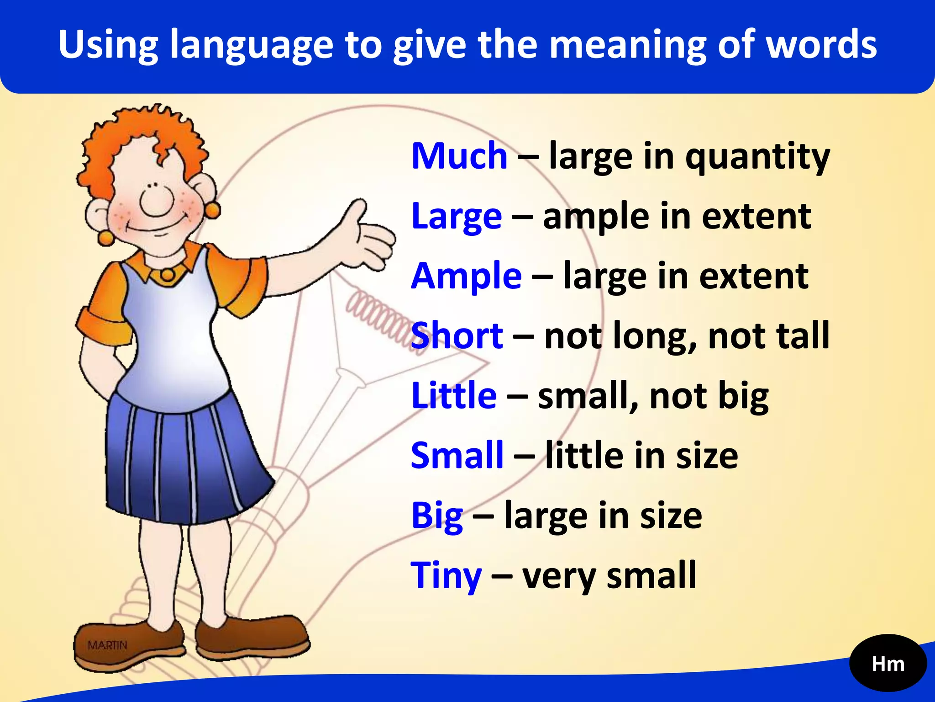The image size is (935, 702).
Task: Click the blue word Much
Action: tap(459, 156)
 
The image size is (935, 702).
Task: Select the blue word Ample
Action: tap(466, 276)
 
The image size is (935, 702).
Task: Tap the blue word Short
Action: tap(457, 336)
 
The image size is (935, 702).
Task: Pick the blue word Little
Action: tap(454, 396)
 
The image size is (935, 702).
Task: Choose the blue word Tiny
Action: tap(446, 576)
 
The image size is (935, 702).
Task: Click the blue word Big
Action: tap(437, 516)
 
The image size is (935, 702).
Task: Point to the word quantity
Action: tap(757, 158)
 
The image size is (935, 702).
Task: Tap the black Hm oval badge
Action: tap(888, 664)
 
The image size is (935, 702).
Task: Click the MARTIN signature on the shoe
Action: tap(107, 645)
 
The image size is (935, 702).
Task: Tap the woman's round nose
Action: tap(157, 202)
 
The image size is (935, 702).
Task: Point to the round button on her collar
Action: tap(167, 275)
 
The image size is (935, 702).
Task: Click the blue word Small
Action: tap(457, 456)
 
